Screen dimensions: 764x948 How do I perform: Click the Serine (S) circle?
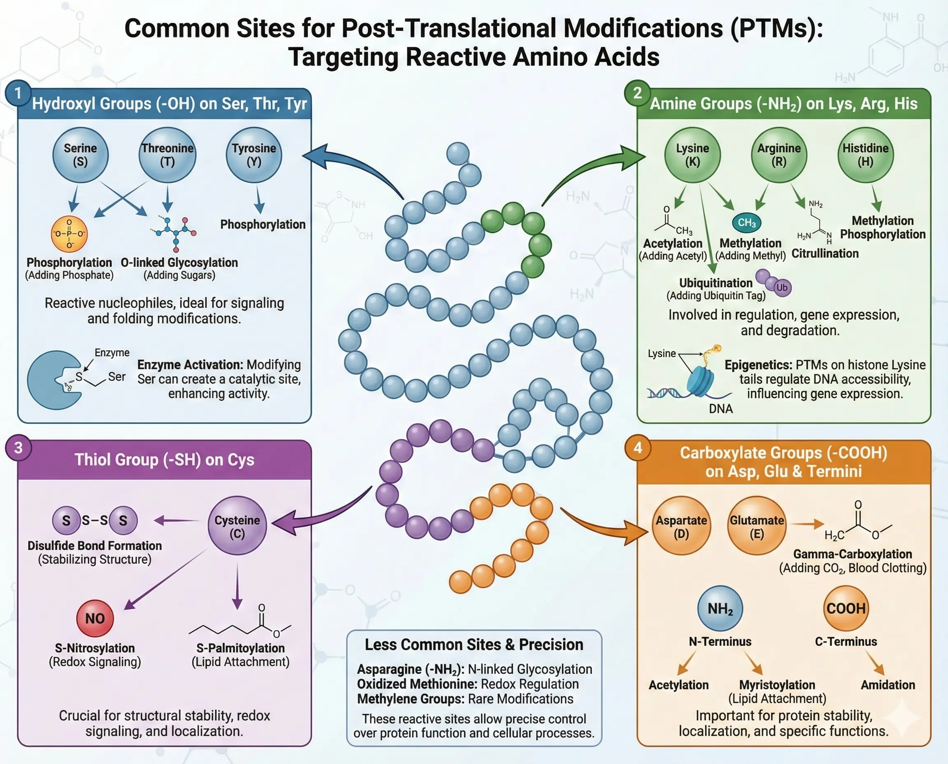pyautogui.click(x=80, y=155)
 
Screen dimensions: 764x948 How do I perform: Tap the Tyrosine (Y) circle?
pyautogui.click(x=254, y=155)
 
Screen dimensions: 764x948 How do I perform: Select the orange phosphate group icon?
pyautogui.click(x=69, y=234)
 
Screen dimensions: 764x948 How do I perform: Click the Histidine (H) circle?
pyautogui.click(x=865, y=155)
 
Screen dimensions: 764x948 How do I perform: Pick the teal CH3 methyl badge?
pyautogui.click(x=746, y=223)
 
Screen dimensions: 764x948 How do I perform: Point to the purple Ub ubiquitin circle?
pyautogui.click(x=782, y=287)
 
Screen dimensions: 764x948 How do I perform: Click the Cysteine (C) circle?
pyautogui.click(x=237, y=526)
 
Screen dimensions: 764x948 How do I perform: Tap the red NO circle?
pyautogui.click(x=95, y=618)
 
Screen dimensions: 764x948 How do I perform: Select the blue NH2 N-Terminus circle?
pyautogui.click(x=720, y=608)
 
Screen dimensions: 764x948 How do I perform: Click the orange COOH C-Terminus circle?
pyautogui.click(x=846, y=608)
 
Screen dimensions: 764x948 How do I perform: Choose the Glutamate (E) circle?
pyautogui.click(x=757, y=526)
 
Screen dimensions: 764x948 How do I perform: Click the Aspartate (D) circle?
pyautogui.click(x=681, y=526)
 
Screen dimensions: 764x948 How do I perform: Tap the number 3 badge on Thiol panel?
pyautogui.click(x=18, y=447)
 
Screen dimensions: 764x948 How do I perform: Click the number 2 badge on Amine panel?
pyautogui.click(x=637, y=93)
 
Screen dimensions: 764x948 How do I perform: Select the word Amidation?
pyautogui.click(x=888, y=685)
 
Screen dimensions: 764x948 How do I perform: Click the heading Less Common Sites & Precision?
pyautogui.click(x=474, y=644)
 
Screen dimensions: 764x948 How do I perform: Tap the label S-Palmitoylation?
pyautogui.click(x=240, y=648)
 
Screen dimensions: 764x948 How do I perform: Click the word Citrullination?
pyautogui.click(x=825, y=254)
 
